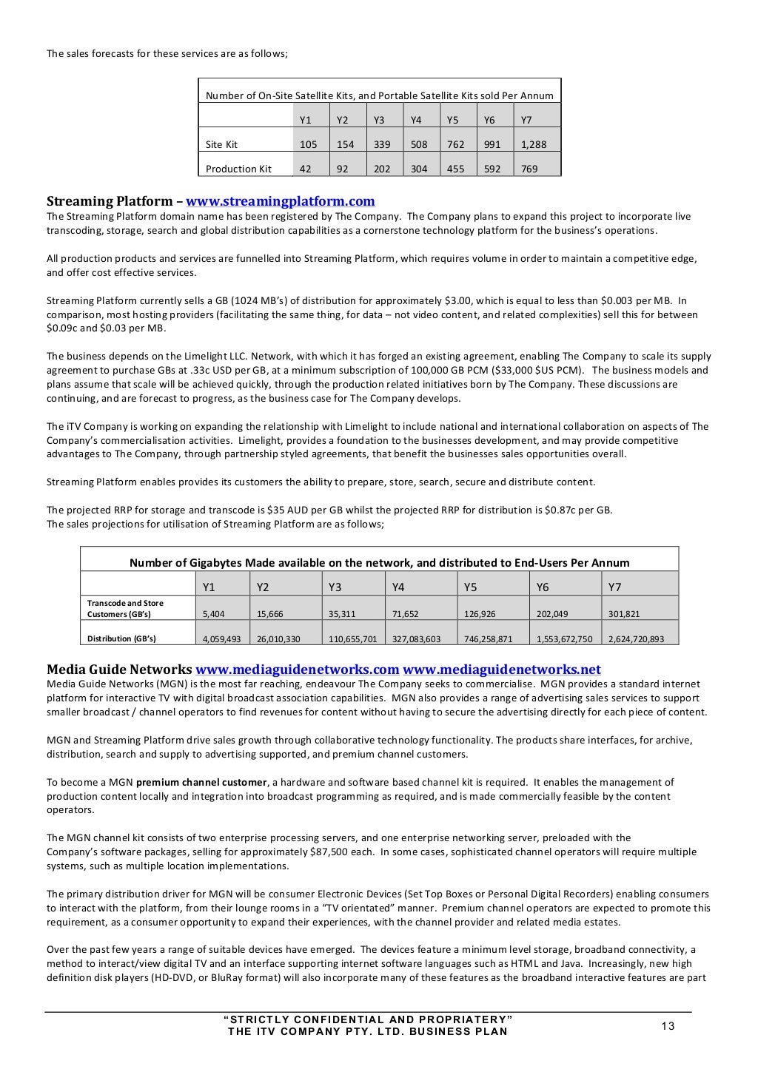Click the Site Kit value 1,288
point(534,145)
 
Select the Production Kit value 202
point(382,169)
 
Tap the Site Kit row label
point(221,145)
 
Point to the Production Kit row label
point(238,169)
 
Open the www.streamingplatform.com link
point(280,201)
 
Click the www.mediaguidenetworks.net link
point(502,670)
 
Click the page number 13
point(668,1025)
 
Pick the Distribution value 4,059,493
point(221,638)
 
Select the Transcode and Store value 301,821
point(624,614)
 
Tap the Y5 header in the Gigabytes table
point(470,587)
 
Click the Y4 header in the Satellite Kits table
point(416,120)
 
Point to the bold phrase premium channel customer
point(201,782)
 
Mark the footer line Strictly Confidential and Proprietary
point(368,1019)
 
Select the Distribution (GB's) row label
point(121,638)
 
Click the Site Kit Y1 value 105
point(308,145)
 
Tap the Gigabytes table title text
point(379,563)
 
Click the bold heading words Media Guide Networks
point(119,670)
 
